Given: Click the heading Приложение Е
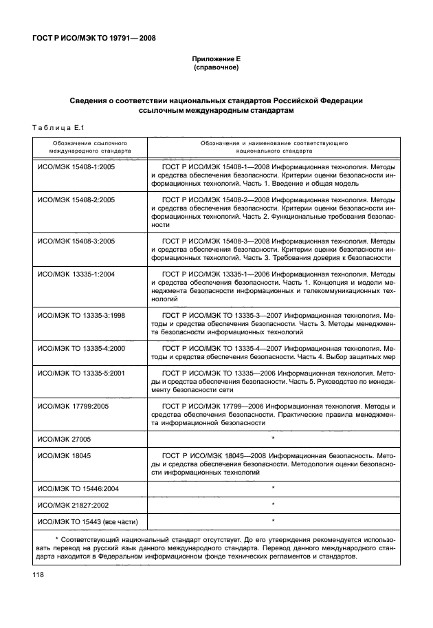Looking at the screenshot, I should click(216, 60).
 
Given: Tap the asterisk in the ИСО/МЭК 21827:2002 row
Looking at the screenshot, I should click(274, 506).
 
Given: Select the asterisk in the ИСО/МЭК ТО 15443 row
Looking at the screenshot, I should click(274, 521).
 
